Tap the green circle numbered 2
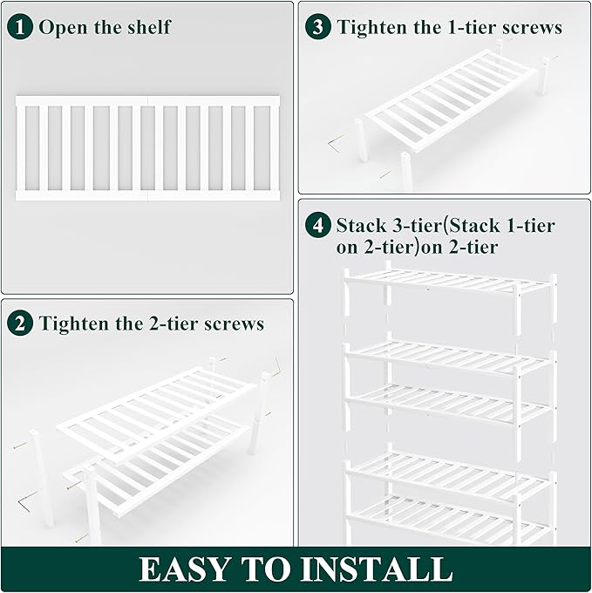pos(20,324)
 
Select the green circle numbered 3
pos(318,27)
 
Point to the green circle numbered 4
pos(318,226)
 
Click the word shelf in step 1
pos(147,26)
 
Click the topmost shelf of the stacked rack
pos(449,281)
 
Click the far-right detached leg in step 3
pos(545,76)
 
